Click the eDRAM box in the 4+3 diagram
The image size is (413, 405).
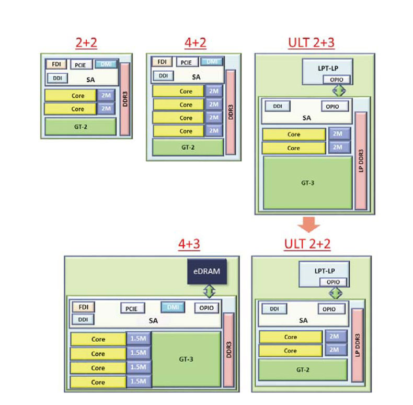pyautogui.click(x=206, y=271)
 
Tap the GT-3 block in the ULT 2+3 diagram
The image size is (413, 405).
pyautogui.click(x=307, y=183)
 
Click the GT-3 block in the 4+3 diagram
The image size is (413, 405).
pyautogui.click(x=186, y=359)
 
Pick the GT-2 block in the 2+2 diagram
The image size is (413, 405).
pyautogui.click(x=80, y=127)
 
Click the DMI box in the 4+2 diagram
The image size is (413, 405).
pyautogui.click(x=211, y=62)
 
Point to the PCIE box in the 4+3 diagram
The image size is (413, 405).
pyautogui.click(x=131, y=308)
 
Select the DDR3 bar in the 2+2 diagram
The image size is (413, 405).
pyautogui.click(x=124, y=99)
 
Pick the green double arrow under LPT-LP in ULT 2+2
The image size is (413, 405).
pyautogui.click(x=335, y=292)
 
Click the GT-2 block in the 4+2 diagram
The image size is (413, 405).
pyautogui.click(x=188, y=148)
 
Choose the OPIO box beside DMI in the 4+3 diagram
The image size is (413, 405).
pyautogui.click(x=207, y=308)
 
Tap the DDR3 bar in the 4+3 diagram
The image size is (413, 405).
pyautogui.click(x=228, y=351)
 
